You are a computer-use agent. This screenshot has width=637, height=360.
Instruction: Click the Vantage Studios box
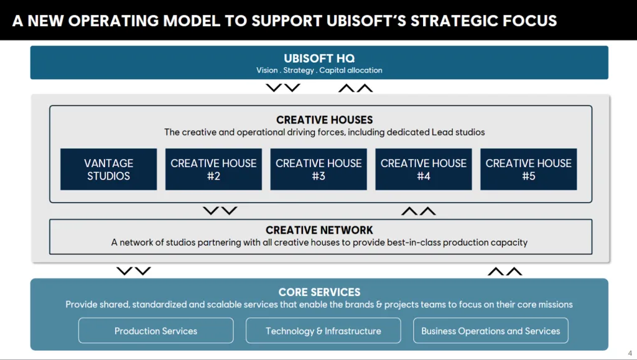click(x=109, y=169)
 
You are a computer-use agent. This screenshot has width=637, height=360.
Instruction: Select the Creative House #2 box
click(x=213, y=169)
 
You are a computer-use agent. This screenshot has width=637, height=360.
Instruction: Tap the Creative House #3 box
click(x=318, y=169)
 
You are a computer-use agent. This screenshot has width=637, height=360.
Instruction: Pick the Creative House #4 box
click(x=424, y=169)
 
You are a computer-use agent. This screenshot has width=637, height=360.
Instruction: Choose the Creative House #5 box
click(x=529, y=169)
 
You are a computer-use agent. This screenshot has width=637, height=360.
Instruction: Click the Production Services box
click(x=156, y=331)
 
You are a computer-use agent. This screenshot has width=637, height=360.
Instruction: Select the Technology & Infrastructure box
click(x=323, y=331)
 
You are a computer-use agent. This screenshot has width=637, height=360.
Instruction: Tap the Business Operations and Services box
click(x=491, y=331)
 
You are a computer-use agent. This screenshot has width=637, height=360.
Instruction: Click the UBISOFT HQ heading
click(x=319, y=58)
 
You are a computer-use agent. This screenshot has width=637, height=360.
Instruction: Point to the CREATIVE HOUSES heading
click(x=325, y=119)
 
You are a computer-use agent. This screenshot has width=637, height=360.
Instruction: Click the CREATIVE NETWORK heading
click(x=319, y=230)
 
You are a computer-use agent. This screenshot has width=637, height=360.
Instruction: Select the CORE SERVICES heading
click(x=319, y=292)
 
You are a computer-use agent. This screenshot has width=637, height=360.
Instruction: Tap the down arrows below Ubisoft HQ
click(x=283, y=88)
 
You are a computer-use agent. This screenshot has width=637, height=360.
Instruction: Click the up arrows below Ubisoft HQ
click(x=355, y=88)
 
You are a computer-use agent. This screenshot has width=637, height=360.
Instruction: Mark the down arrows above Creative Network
click(x=220, y=211)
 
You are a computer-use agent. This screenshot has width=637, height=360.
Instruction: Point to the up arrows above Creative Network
click(x=418, y=211)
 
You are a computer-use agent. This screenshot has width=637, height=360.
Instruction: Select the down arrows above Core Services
click(x=134, y=271)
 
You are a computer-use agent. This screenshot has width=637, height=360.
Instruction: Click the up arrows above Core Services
click(x=504, y=271)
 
